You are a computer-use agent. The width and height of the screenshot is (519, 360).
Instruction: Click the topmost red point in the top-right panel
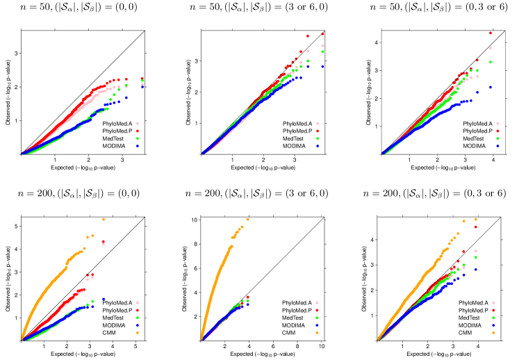pyautogui.click(x=491, y=33)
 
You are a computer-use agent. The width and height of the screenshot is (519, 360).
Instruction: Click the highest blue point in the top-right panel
pyautogui.click(x=491, y=87)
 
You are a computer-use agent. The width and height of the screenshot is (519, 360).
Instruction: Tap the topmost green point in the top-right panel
pyautogui.click(x=491, y=62)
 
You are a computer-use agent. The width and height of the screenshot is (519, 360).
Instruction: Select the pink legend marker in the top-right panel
pyautogui.click(x=497, y=123)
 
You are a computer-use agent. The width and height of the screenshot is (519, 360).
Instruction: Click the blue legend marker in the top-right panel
pyautogui.click(x=497, y=146)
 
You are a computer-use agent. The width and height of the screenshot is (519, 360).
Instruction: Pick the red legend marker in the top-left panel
pyautogui.click(x=137, y=131)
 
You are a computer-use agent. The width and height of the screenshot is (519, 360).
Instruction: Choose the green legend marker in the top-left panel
pyautogui.click(x=137, y=138)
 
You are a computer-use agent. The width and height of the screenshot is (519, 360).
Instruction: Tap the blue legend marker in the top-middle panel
pyautogui.click(x=318, y=146)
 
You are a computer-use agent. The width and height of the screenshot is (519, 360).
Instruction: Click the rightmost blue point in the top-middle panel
pyautogui.click(x=322, y=66)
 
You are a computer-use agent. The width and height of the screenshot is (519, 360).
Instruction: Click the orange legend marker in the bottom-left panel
pyautogui.click(x=137, y=333)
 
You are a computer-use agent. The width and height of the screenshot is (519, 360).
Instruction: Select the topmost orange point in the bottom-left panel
pyautogui.click(x=104, y=219)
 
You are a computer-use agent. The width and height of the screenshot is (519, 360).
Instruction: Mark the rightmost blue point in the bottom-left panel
pyautogui.click(x=104, y=299)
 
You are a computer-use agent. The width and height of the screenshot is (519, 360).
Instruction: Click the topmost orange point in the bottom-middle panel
pyautogui.click(x=247, y=220)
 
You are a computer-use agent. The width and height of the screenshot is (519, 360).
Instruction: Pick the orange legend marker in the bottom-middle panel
pyautogui.click(x=317, y=333)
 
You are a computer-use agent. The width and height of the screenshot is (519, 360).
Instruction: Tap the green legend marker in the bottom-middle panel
pyautogui.click(x=317, y=318)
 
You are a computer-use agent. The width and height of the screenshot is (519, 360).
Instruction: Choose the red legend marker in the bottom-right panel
pyautogui.click(x=493, y=310)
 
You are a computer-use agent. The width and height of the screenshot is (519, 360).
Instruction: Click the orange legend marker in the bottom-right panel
pyautogui.click(x=493, y=333)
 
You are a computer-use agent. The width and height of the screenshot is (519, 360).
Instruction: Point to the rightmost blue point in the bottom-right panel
pyautogui.click(x=476, y=269)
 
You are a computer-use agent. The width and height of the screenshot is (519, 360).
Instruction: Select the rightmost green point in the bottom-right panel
pyautogui.click(x=476, y=260)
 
